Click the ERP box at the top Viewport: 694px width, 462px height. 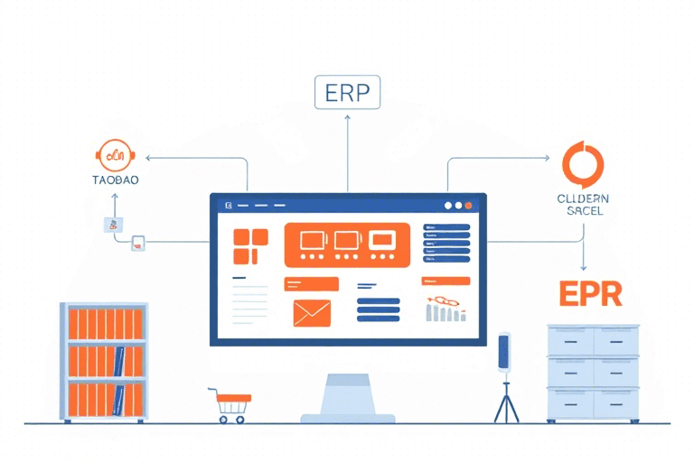[x=347, y=93]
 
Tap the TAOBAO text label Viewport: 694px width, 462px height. [x=115, y=179]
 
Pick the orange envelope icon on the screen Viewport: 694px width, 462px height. [x=312, y=312]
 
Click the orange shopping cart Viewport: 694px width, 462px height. [x=231, y=403]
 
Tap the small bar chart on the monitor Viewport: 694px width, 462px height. [x=445, y=312]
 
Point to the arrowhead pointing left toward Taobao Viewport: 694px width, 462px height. [x=149, y=158]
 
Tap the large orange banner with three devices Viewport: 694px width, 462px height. [x=347, y=245]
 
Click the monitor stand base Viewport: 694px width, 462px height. [x=347, y=418]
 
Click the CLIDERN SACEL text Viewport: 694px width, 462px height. [x=583, y=204]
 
